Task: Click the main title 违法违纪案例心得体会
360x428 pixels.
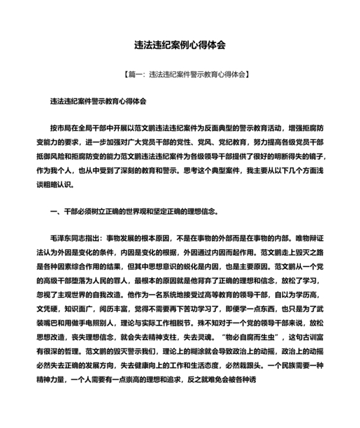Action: coord(179,46)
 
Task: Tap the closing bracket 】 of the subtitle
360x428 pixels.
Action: coord(248,75)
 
